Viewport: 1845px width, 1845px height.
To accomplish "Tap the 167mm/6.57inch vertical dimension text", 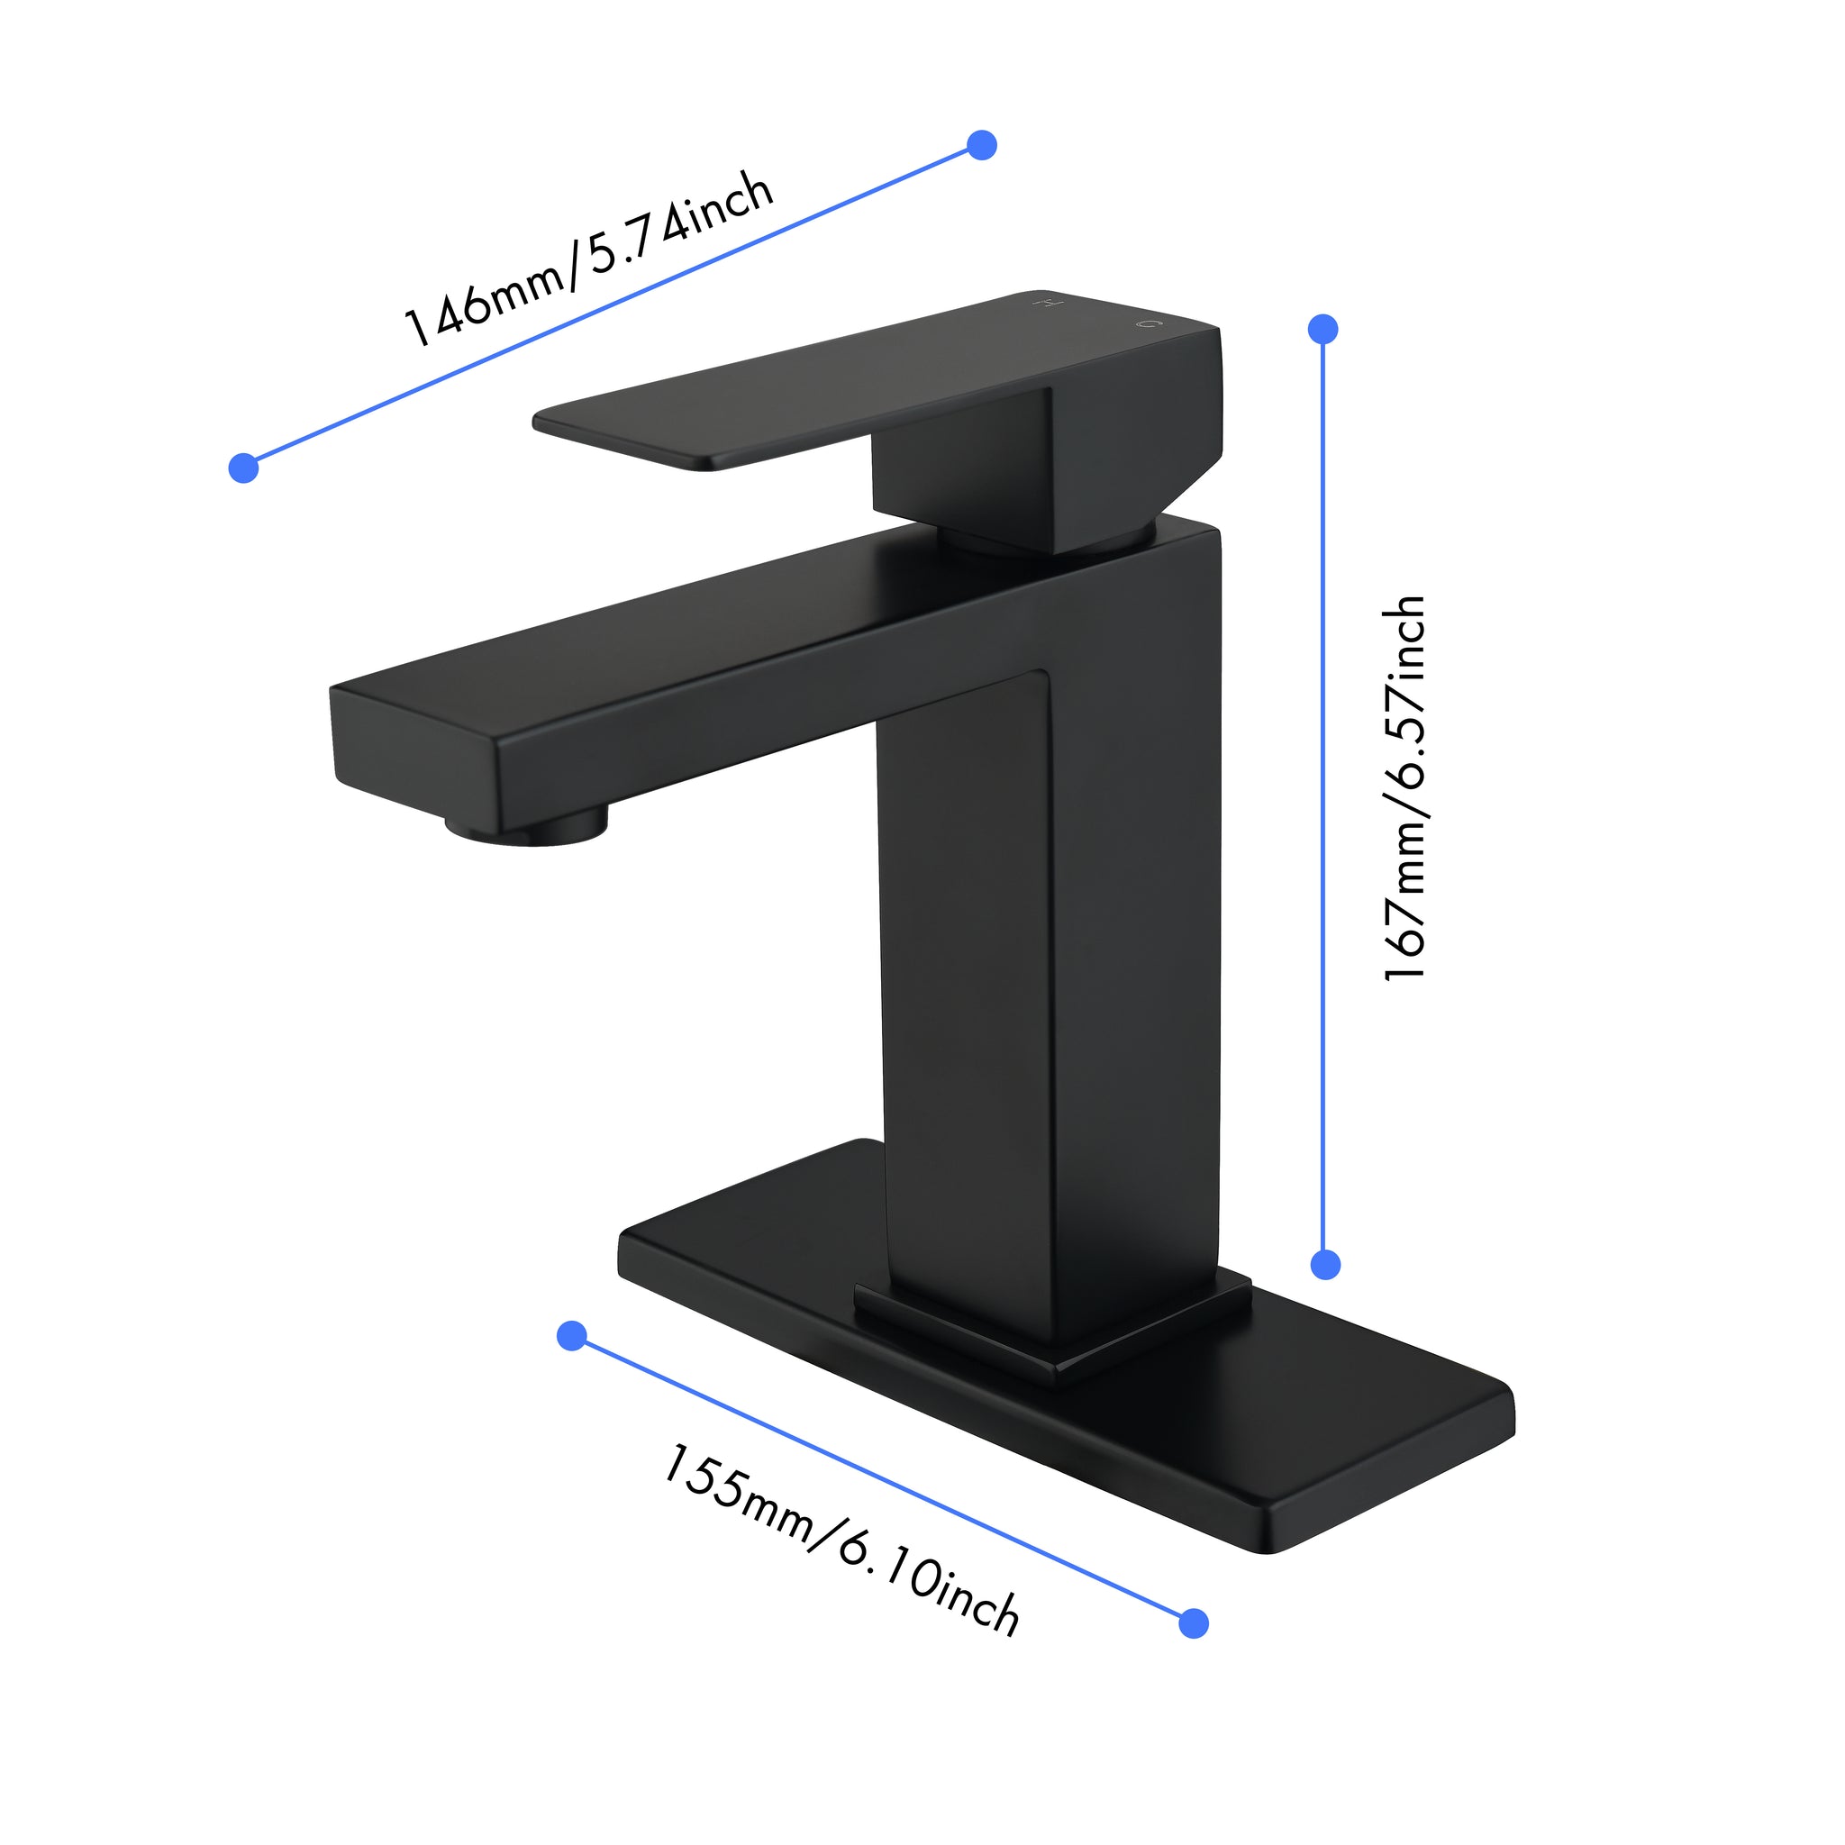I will tap(1404, 789).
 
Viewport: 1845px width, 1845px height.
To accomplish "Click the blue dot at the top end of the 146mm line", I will tap(982, 145).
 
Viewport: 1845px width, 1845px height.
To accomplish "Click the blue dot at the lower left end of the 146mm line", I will tap(244, 468).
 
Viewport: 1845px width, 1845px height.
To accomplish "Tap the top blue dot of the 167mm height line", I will tap(1322, 330).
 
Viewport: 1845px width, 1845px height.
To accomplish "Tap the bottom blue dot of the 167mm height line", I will tap(1325, 1264).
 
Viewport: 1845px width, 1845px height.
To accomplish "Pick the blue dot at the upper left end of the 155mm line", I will tap(571, 1336).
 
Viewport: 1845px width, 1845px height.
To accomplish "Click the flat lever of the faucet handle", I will tap(764, 401).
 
